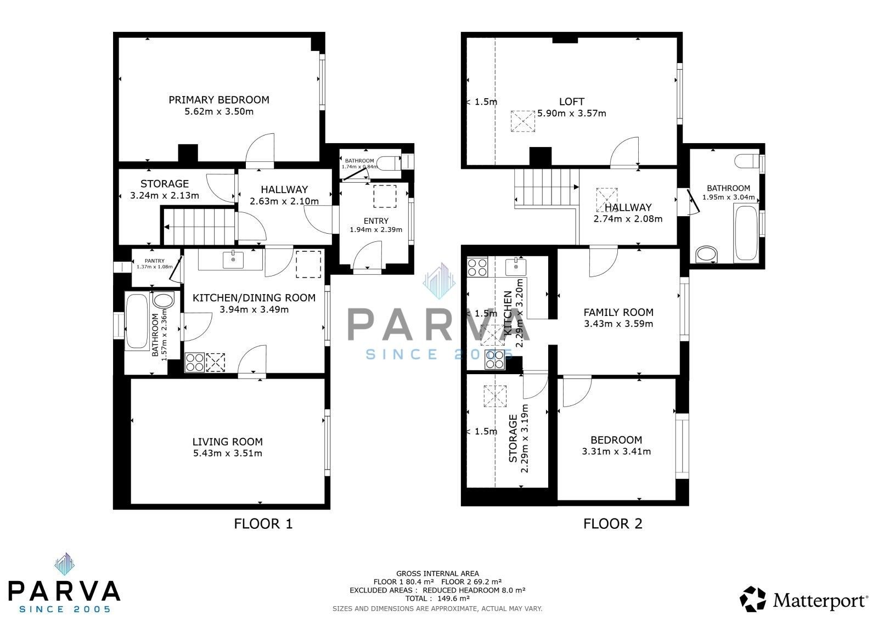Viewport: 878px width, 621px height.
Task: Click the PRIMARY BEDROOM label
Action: pos(218,100)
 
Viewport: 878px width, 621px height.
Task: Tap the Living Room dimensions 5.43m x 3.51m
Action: pos(227,453)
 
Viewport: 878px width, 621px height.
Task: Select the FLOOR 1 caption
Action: pos(263,524)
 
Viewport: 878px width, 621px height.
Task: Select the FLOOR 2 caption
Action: pos(612,524)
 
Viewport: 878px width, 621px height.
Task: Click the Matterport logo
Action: pos(804,600)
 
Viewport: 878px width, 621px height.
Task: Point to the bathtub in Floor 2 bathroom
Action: pos(746,232)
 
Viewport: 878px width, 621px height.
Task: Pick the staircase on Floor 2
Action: pos(546,188)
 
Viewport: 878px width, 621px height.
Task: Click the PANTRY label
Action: pos(154,261)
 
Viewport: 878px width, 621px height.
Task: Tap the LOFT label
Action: pos(571,101)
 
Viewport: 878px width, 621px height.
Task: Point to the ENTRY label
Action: pos(376,221)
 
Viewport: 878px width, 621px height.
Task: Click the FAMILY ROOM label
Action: pos(618,312)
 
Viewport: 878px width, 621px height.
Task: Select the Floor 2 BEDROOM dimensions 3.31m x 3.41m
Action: pos(616,451)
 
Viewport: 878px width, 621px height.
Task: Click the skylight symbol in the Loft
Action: pos(522,121)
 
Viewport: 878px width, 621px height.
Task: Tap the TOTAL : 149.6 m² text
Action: pos(437,599)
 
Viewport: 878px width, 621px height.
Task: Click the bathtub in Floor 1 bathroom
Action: pos(136,322)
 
